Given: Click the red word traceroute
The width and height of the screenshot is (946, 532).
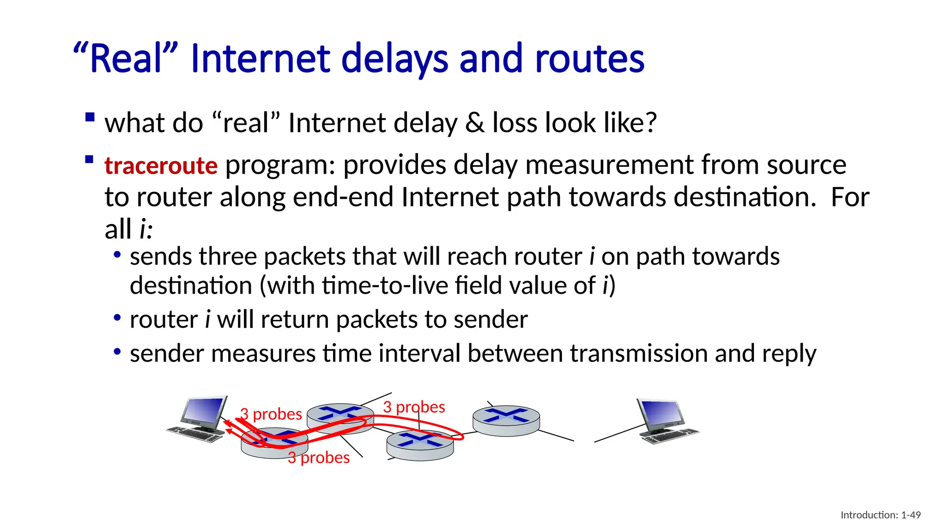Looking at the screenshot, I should coord(161,165).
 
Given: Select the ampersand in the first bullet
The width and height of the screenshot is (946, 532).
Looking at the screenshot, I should coord(475,123).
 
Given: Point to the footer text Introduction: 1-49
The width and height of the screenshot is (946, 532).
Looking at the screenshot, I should coord(880,515).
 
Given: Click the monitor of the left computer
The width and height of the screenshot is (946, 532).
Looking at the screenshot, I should coord(204,412).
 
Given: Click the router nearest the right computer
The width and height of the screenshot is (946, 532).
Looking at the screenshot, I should coord(506,420).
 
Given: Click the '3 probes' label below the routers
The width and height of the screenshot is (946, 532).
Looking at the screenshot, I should coord(319,458).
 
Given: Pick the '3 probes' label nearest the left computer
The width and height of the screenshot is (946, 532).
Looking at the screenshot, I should coord(271,414).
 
